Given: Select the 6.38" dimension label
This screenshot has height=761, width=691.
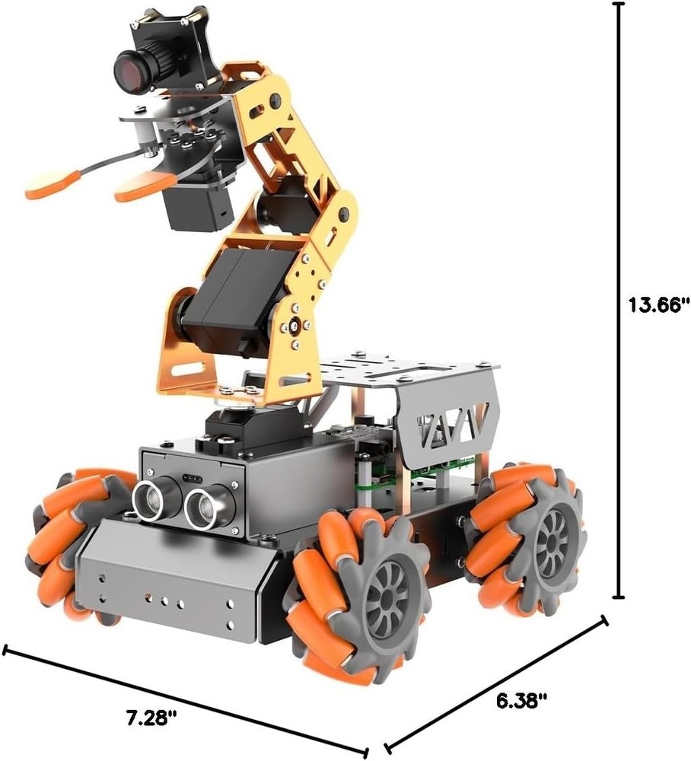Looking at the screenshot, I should tap(522, 700).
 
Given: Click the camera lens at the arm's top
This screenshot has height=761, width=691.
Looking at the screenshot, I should tap(130, 70).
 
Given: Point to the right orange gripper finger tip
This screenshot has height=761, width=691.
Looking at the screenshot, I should tap(137, 187).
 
